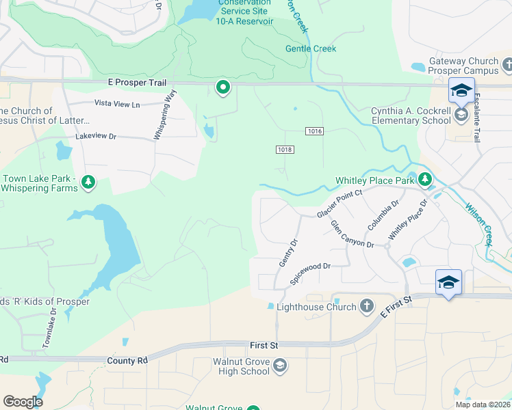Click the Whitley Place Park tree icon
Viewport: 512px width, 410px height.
coord(425,180)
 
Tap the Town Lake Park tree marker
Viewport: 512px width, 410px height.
coord(87,182)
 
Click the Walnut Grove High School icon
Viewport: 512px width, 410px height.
coord(279,366)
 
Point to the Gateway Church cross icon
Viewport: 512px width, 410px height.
coord(507,65)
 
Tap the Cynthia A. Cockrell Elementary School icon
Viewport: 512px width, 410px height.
coord(462,115)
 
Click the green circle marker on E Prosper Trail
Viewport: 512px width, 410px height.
coord(222,87)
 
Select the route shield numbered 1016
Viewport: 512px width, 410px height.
coord(314,131)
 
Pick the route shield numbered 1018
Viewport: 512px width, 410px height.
coord(285,150)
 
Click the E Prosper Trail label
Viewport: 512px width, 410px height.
coord(138,83)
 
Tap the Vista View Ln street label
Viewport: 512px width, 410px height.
coord(116,105)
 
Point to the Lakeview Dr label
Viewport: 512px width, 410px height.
coord(96,137)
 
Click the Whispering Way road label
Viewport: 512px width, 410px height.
coord(165,113)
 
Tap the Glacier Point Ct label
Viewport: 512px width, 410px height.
coord(338,204)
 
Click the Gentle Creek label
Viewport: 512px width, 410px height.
coord(311,49)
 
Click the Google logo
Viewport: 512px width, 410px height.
coord(23,401)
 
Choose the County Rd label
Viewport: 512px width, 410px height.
coord(127,359)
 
